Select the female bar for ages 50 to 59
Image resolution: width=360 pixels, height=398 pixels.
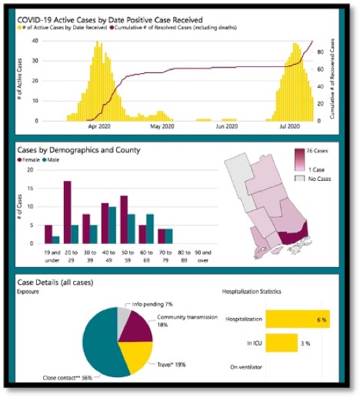tap(123, 219)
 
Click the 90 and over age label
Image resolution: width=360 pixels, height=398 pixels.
tap(204, 255)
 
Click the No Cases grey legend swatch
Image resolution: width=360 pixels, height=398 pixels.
tap(301, 179)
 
